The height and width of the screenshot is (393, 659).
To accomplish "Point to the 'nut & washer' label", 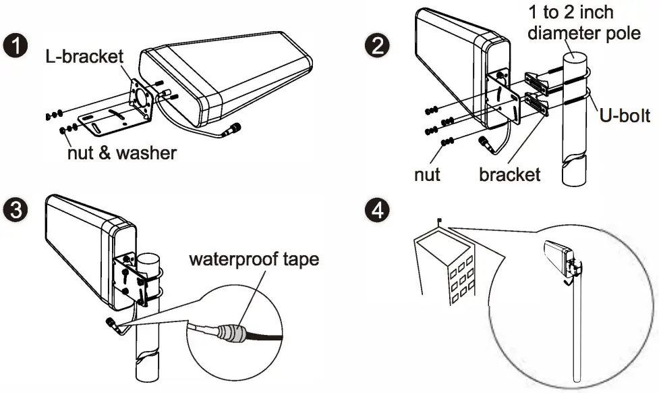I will [x=121, y=153].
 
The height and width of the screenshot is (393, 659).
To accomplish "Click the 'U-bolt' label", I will [x=625, y=115].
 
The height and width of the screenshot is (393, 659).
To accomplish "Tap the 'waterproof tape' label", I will [x=254, y=259].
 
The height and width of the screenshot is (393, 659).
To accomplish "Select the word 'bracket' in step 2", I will [x=509, y=174].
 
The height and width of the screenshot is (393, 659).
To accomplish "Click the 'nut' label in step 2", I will [x=427, y=174].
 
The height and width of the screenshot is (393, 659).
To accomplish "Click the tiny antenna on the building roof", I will [x=439, y=219].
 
